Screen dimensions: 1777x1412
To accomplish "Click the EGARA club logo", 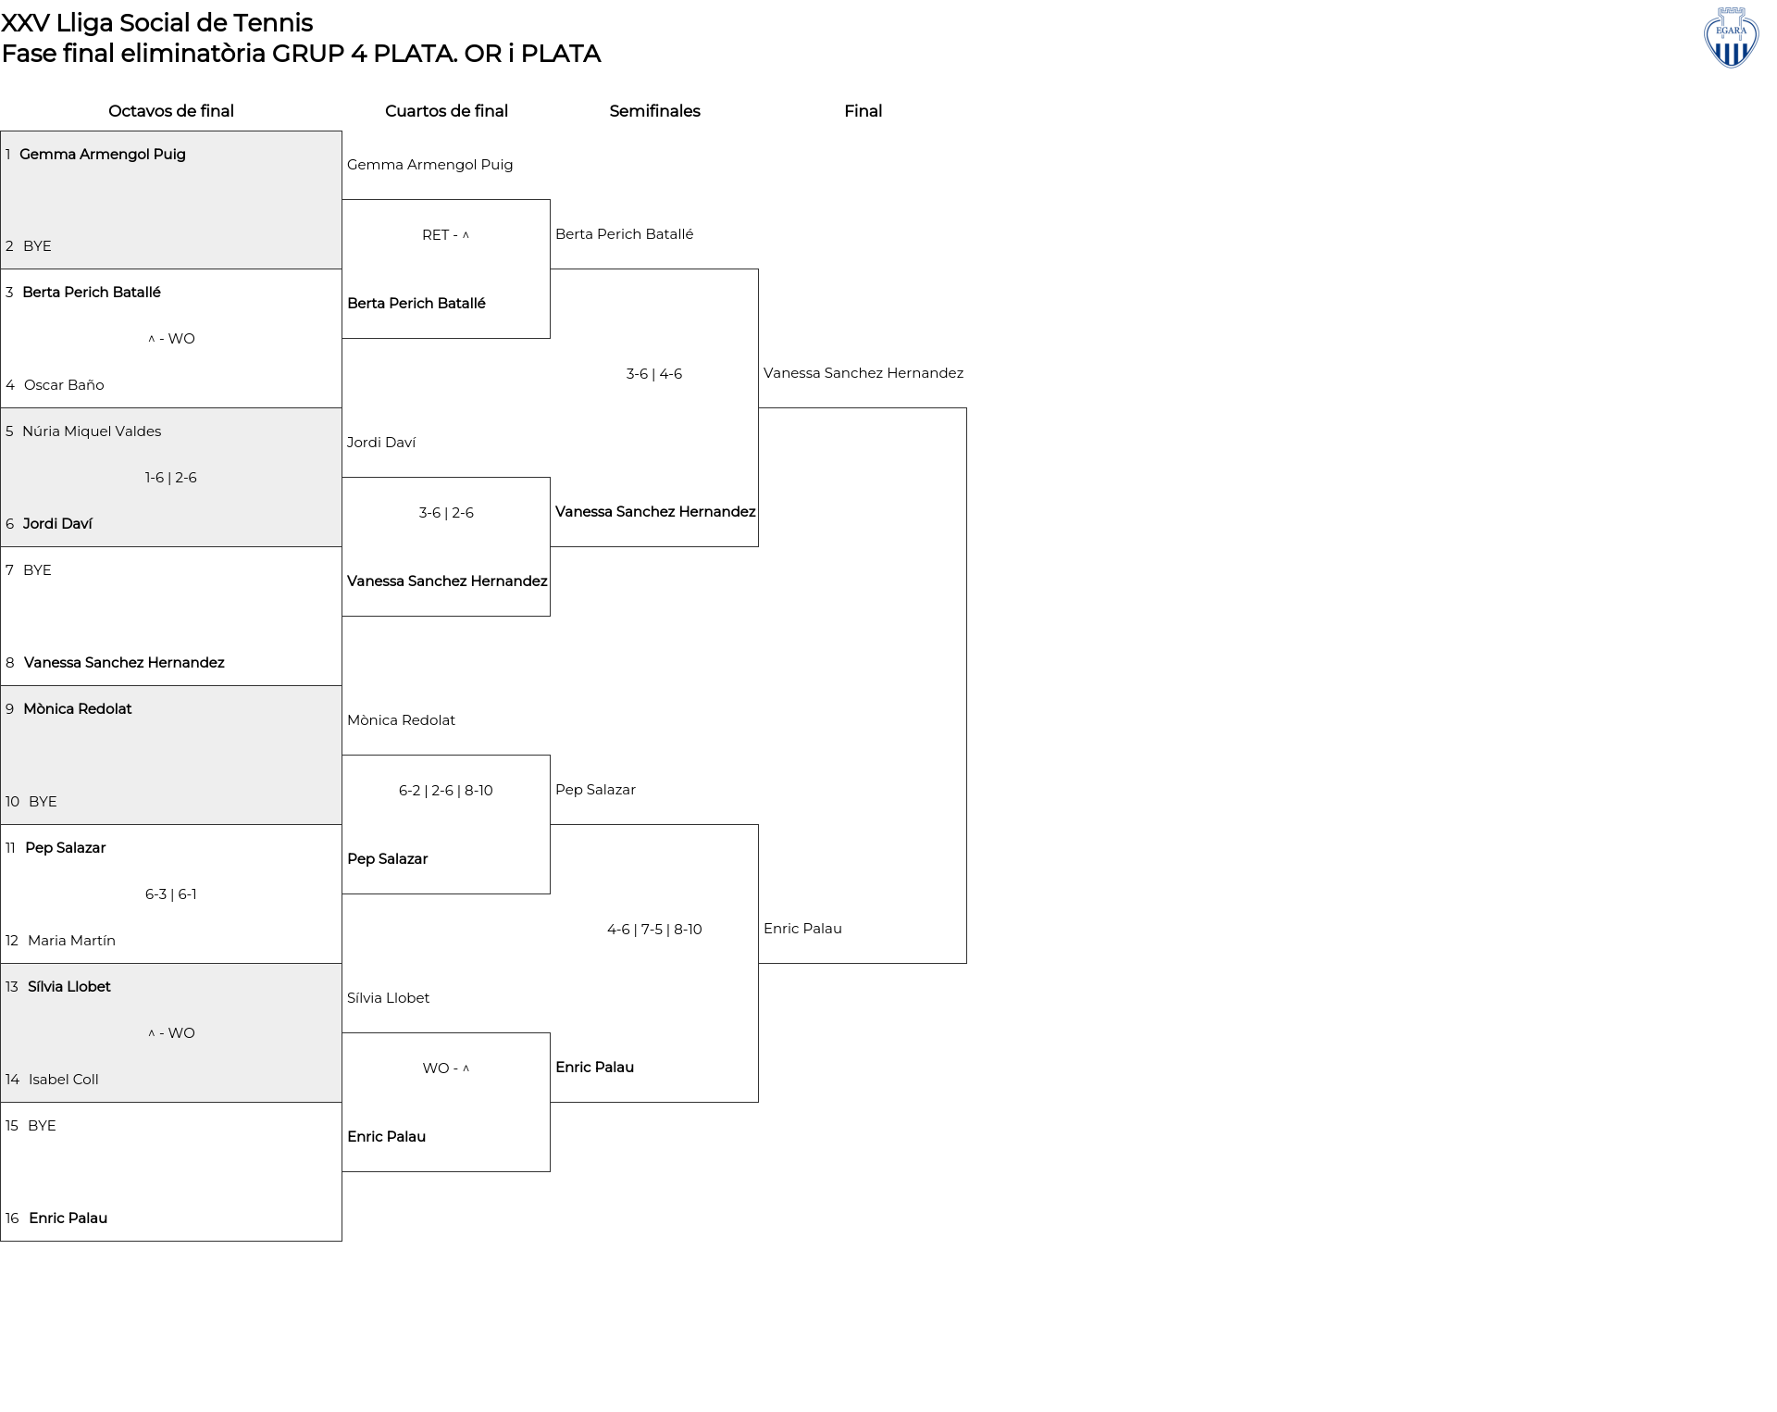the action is tap(1731, 37).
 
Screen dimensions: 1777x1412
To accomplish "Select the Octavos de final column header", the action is tap(171, 111).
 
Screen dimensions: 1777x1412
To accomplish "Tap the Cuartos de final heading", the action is tap(446, 111).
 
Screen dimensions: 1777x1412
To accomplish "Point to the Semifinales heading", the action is tap(654, 111).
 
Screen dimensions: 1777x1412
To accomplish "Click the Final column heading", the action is tap(863, 111).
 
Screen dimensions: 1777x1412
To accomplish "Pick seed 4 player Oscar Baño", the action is tap(64, 385).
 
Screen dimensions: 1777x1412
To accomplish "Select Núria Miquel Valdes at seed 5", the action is tap(92, 431).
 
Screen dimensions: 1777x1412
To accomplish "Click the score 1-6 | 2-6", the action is tap(171, 478).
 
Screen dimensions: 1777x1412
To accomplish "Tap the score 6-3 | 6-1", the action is tap(171, 894).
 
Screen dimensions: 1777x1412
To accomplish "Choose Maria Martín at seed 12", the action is tap(71, 941).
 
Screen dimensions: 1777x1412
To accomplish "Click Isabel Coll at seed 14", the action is tap(64, 1080).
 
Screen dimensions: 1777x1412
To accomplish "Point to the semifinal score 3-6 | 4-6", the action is tap(654, 374).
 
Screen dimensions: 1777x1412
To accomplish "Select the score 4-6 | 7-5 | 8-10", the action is tap(654, 930).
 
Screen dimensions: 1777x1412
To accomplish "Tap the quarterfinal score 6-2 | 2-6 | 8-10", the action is tap(446, 791).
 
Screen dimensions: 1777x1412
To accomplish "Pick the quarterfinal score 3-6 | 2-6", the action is tap(446, 513).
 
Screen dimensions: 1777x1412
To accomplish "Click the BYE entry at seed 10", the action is tap(43, 802).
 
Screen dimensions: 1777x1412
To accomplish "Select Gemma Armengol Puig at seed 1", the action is tap(103, 155).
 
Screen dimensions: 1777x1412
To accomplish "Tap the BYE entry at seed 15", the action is tap(42, 1126).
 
